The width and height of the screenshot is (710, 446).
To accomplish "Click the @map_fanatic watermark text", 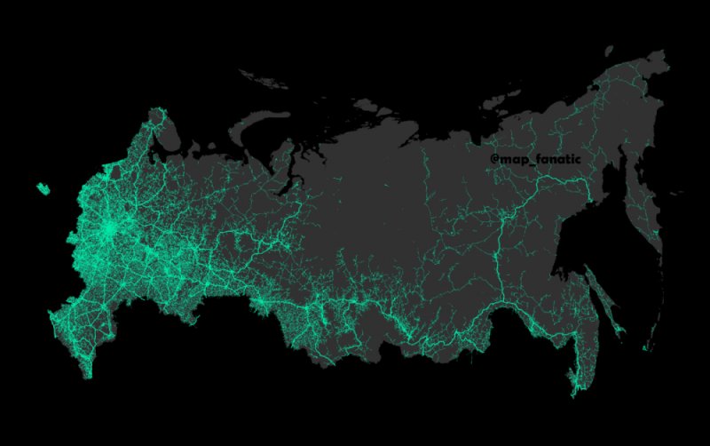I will [535, 159].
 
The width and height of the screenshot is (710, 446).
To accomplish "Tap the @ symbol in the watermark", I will [494, 159].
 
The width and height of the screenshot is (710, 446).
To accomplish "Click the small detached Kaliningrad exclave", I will [42, 188].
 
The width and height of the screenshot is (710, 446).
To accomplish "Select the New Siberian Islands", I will [497, 100].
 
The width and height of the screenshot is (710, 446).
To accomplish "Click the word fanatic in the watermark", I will [556, 159].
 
